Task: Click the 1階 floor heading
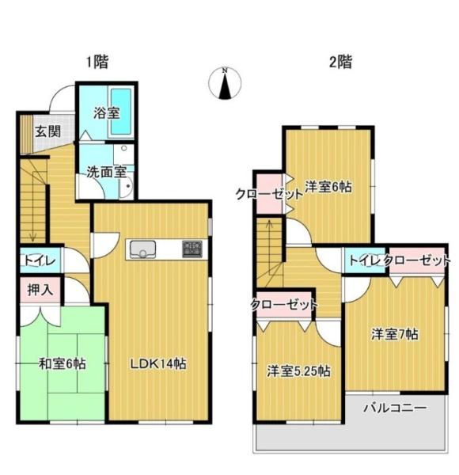[97, 60]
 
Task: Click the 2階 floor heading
[340, 60]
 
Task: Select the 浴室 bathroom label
[106, 113]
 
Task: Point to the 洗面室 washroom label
[105, 171]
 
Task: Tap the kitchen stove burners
[192, 249]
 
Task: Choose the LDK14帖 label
[158, 363]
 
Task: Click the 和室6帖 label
[63, 364]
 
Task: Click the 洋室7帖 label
[395, 334]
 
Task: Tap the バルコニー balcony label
[395, 408]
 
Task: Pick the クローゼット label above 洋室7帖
[419, 260]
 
